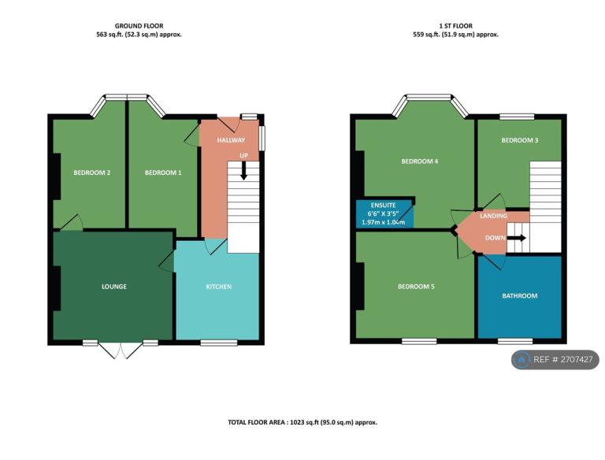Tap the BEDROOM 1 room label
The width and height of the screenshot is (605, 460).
tap(163, 172)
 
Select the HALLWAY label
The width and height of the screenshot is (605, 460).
tap(232, 140)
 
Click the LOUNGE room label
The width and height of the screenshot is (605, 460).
tap(114, 287)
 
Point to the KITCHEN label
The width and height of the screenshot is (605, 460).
tap(218, 287)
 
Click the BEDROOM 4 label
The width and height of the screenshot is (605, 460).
tap(419, 161)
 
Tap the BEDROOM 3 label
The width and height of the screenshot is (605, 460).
tap(520, 140)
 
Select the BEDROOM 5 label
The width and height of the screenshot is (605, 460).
tap(416, 287)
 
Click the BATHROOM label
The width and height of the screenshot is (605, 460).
tap(520, 296)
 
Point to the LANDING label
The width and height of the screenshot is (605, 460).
tap(494, 216)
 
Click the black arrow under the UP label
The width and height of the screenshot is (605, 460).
tap(244, 171)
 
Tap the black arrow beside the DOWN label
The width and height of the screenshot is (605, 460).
tap(517, 238)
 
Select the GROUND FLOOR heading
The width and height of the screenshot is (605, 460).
tap(139, 26)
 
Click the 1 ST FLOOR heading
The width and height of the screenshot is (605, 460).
tap(455, 26)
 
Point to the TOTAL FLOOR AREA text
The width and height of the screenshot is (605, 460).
tap(302, 422)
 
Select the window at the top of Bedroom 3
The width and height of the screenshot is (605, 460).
tap(516, 117)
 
